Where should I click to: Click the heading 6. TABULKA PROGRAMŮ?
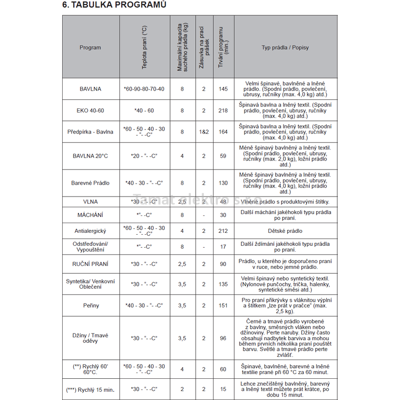point(115,5)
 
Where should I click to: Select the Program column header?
point(90,48)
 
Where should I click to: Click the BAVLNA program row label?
point(90,89)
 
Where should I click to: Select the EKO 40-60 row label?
point(90,111)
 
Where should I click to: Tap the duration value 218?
point(223,111)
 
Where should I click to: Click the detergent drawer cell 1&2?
point(204,132)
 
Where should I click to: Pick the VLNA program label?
point(90,201)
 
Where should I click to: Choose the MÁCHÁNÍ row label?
point(90,215)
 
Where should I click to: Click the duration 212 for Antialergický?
point(223,231)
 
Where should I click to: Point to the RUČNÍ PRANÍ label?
point(90,264)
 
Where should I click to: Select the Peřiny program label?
point(90,305)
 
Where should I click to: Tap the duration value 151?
point(223,305)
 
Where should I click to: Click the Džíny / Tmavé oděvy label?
point(90,338)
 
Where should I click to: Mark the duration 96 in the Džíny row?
point(223,338)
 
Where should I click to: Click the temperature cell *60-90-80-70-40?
point(144,89)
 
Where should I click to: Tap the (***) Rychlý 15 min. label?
point(90,389)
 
